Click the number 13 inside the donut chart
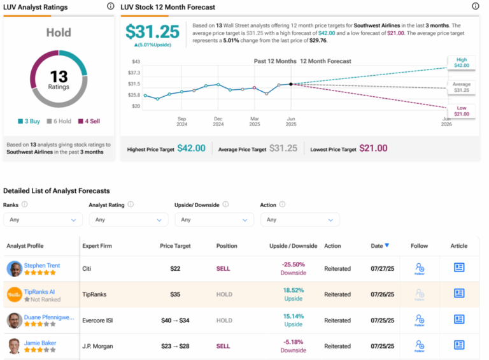point(59,75)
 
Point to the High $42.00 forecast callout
point(462,61)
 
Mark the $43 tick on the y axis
point(135,62)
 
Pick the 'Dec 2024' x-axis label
point(218,122)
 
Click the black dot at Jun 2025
point(291,84)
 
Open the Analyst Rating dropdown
point(128,219)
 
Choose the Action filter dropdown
point(299,219)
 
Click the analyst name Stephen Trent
point(42,265)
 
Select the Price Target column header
point(175,246)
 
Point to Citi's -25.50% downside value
point(293,264)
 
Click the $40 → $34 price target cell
point(175,320)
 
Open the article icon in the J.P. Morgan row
point(458,345)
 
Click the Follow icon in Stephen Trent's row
point(419,268)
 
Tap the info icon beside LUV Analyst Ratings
point(111,6)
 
